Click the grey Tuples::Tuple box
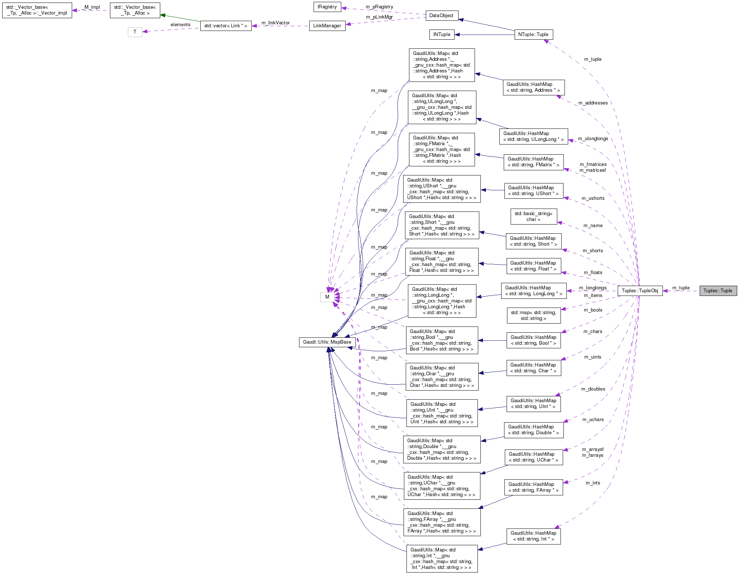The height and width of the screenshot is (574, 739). click(x=718, y=290)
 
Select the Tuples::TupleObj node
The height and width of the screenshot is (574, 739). click(x=640, y=290)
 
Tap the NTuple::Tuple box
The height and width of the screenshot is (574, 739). click(x=533, y=35)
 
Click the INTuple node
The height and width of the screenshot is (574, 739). click(x=441, y=35)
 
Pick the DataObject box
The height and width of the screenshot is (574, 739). click(x=441, y=16)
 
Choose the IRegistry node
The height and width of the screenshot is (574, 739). click(x=327, y=7)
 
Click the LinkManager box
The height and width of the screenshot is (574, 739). click(x=327, y=26)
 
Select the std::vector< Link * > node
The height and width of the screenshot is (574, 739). click(x=225, y=26)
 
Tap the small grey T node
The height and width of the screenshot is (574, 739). click(x=135, y=32)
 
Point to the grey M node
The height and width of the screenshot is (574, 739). click(x=327, y=297)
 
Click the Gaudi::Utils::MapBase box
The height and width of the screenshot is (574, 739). click(x=327, y=342)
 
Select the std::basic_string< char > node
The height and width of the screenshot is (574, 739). click(x=533, y=217)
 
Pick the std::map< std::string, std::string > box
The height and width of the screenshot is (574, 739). click(x=533, y=316)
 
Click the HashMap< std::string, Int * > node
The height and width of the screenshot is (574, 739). click(x=533, y=536)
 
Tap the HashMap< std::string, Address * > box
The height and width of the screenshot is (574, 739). click(x=533, y=87)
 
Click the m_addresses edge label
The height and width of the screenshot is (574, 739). click(x=593, y=103)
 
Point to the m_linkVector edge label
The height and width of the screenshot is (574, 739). click(x=275, y=23)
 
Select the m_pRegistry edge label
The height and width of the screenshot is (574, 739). click(x=379, y=7)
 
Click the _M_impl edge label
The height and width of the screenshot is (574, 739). click(x=91, y=7)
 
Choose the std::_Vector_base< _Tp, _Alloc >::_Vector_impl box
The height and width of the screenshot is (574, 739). click(x=37, y=10)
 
